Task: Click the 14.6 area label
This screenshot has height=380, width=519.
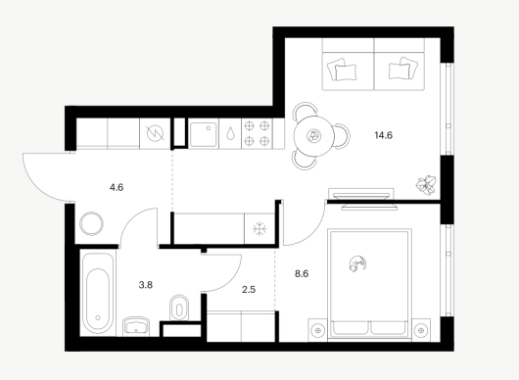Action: coord(383,135)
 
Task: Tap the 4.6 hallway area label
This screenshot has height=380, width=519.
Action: coord(117,188)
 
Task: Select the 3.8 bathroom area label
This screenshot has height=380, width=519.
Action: coord(146,285)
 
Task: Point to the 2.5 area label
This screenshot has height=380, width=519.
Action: coord(249,290)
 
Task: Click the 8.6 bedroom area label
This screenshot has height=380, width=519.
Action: coord(302,274)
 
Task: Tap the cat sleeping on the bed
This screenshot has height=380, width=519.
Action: coord(357,263)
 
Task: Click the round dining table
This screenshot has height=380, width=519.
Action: coord(314,136)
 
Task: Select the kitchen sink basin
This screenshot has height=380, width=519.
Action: coord(204,135)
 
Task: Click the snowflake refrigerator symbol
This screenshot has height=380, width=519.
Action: coord(259,229)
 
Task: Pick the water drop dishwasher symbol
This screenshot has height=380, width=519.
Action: coord(230,134)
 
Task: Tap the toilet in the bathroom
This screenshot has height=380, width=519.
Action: coord(179,308)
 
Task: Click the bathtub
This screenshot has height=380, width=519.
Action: coord(98,293)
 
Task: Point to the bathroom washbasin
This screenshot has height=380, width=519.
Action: coord(136,327)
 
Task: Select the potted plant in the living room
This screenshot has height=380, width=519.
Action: coord(426,184)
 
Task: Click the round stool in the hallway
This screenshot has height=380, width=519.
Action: coord(91,223)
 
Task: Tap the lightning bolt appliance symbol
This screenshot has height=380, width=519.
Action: coord(156,134)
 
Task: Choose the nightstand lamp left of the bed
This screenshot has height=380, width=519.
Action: coord(318,330)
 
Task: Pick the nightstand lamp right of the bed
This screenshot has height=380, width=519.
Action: coord(421,330)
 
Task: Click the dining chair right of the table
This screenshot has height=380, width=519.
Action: coord(344,136)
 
